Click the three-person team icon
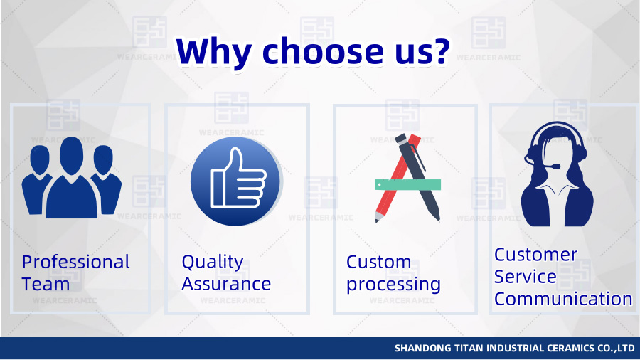[x=71, y=178]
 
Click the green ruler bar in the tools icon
[x=408, y=185]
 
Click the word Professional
[x=76, y=262]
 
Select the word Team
[x=46, y=284]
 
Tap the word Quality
[x=212, y=262]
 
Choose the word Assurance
[x=226, y=284]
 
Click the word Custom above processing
[x=378, y=262]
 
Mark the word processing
[x=393, y=285]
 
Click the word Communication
[x=563, y=299]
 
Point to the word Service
[x=525, y=277]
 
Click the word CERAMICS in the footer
[x=567, y=349]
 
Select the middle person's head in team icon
[x=71, y=152]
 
